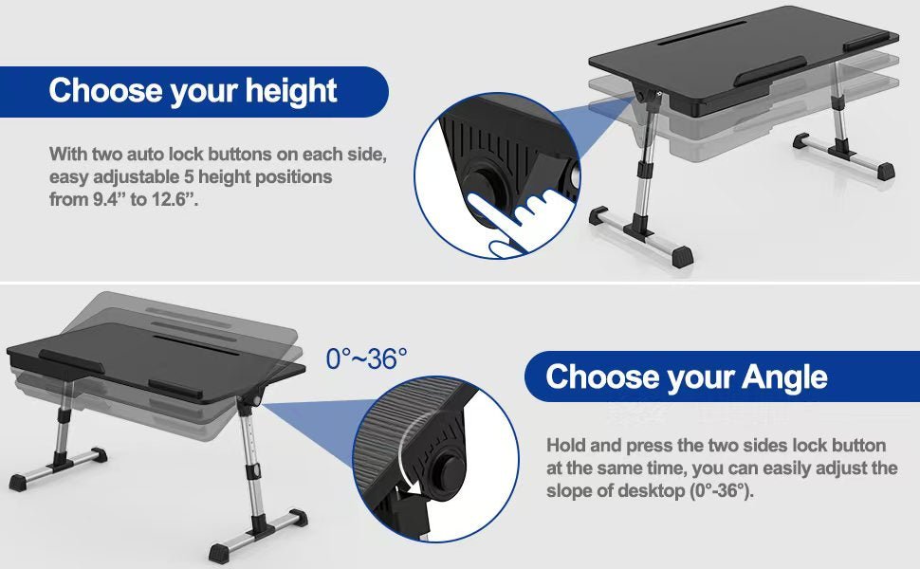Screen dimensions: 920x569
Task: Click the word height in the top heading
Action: pyautogui.click(x=290, y=91)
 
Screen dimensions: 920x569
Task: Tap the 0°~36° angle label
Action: pyautogui.click(x=366, y=358)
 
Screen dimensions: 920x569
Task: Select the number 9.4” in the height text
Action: pyautogui.click(x=110, y=199)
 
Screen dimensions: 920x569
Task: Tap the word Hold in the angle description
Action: pyautogui.click(x=566, y=446)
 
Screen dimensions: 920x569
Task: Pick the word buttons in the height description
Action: pyautogui.click(x=253, y=155)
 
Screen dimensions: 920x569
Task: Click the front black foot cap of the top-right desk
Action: pyautogui.click(x=682, y=257)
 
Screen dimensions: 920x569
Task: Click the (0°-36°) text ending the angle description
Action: pyautogui.click(x=719, y=490)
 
